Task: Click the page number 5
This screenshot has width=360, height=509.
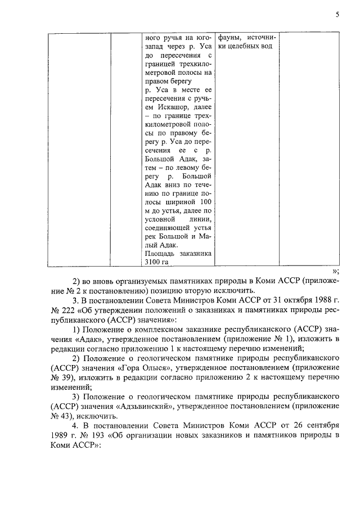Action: point(336,15)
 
